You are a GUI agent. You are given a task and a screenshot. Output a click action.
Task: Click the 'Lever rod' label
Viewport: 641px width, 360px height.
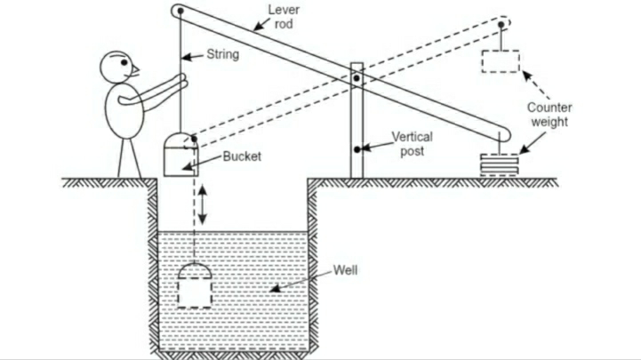point(284,16)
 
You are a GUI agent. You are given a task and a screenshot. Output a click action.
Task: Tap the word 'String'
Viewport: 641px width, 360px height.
point(224,54)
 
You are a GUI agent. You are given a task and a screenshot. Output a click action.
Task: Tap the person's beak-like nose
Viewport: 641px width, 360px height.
point(135,68)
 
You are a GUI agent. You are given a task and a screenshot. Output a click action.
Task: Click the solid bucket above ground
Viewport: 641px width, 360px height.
point(180,153)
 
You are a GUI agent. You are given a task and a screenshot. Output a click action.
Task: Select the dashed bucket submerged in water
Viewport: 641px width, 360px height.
point(194,285)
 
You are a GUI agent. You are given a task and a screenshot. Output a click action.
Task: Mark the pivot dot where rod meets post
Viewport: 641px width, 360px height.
point(357,80)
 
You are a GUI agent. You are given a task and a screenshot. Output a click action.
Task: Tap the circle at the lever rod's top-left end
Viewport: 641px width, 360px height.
point(179,11)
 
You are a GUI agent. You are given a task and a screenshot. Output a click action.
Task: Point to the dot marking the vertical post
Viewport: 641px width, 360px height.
point(357,148)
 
